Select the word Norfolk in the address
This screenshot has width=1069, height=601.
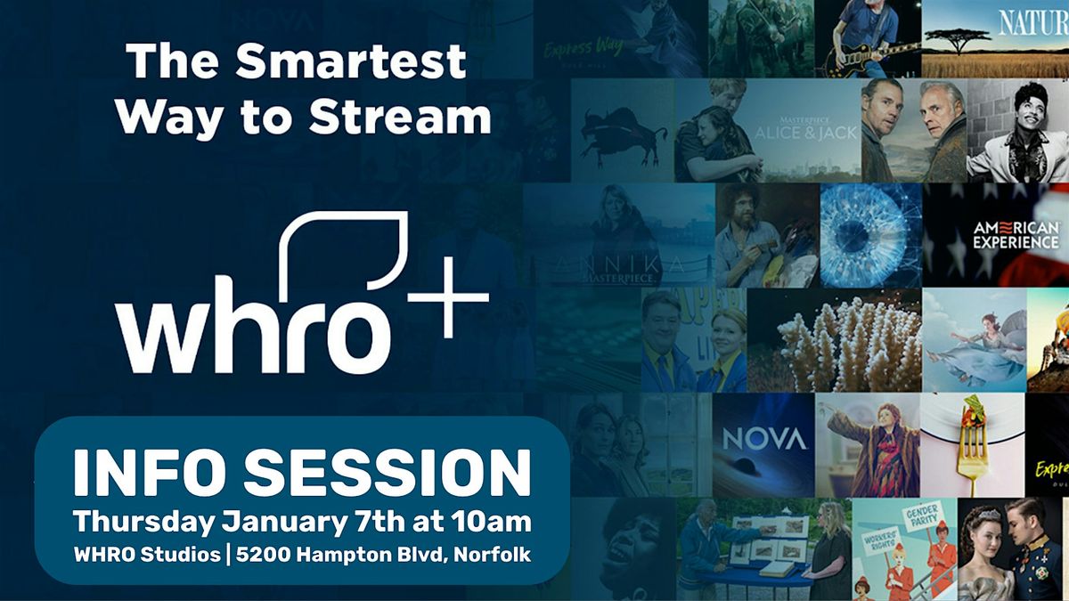click(x=494, y=555)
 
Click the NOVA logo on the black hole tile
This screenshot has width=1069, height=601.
click(x=763, y=439)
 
